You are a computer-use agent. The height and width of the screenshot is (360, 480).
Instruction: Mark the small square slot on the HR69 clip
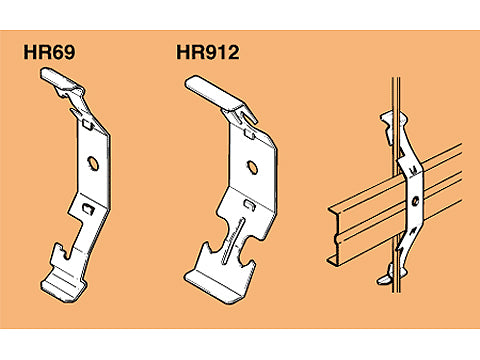(92, 210)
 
